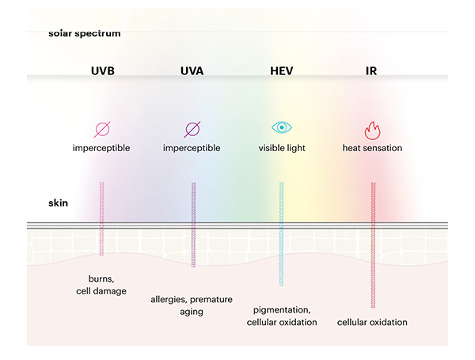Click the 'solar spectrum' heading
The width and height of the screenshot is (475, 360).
84,33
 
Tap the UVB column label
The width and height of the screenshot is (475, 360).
103,71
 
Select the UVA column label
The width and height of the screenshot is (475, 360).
192,71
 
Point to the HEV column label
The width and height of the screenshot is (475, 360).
281,71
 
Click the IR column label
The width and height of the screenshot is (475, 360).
371,71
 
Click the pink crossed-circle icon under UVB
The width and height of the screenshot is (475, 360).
102,130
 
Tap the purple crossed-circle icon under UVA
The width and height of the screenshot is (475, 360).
192,130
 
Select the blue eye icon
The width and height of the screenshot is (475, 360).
282,127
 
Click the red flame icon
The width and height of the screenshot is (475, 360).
372,131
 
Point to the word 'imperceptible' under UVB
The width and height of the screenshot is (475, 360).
101,148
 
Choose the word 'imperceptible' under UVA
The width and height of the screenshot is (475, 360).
192,148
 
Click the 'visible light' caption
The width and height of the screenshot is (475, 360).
282,148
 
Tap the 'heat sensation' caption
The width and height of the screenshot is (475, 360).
372,148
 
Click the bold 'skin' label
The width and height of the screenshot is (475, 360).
58,203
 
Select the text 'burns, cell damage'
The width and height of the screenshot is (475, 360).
101,285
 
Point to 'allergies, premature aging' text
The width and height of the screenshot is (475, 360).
192,305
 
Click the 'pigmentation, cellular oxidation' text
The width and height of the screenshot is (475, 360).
282,316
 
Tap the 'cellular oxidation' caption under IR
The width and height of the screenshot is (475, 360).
372,322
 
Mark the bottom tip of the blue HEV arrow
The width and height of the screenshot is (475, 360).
281,286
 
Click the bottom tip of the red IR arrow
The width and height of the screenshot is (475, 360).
373,308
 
